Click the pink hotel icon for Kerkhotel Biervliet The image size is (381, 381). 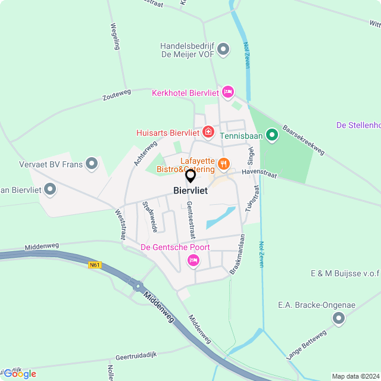tap(227, 92)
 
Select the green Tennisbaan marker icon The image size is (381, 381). tap(272, 135)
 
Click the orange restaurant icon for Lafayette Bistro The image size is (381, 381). tap(224, 163)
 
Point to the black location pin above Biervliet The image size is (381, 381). tap(190, 176)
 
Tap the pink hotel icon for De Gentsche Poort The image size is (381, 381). tap(193, 260)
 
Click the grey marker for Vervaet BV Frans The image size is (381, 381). tap(92, 163)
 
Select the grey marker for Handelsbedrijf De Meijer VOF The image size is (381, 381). tap(223, 49)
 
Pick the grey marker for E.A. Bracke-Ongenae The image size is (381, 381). tap(339, 319)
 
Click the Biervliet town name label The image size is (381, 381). tap(190, 190)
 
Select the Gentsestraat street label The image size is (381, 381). tap(190, 217)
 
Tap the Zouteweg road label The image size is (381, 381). tap(116, 95)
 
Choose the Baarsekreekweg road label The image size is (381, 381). tap(303, 140)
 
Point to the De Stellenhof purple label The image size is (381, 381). tap(358, 125)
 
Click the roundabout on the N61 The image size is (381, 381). tap(138, 286)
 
